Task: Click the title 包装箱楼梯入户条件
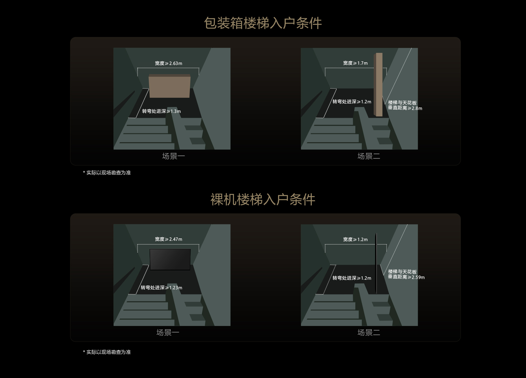coord(263,23)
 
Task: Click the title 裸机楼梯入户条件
coord(263,199)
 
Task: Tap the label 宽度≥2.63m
coord(168,63)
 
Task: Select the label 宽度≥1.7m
coord(355,63)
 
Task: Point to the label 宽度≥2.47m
coord(168,239)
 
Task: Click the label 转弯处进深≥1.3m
coord(161,111)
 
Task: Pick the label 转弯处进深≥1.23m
coord(161,288)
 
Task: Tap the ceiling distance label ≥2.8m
coord(405,105)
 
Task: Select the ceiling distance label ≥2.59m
coord(406,274)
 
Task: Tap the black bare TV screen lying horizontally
coord(170,259)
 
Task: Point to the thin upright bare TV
coord(376,263)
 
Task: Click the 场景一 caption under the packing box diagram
coord(173,156)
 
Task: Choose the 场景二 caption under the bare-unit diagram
coord(368,333)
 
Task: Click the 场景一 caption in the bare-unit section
coord(168,333)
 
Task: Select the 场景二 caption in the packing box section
coord(368,156)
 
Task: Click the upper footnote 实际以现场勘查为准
coord(107,173)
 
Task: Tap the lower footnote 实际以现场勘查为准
coord(107,352)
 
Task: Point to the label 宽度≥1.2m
coord(355,239)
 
